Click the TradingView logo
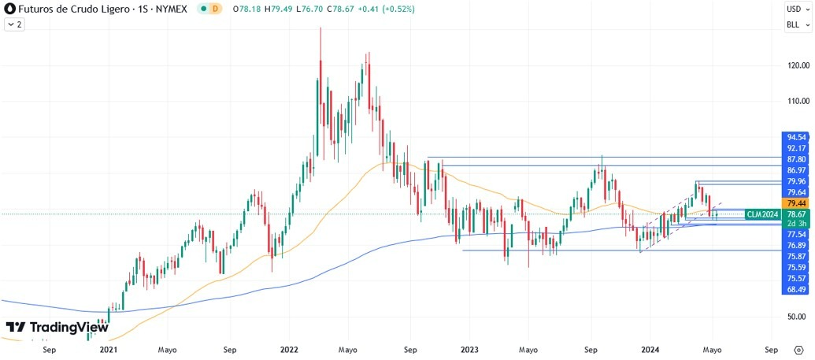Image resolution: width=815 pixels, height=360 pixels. click(57, 327)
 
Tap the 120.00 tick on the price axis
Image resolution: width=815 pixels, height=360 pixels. click(795, 65)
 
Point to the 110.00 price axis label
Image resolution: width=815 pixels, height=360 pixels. click(795, 102)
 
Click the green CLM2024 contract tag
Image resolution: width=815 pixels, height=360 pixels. click(762, 213)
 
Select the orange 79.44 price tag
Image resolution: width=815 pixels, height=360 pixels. click(795, 203)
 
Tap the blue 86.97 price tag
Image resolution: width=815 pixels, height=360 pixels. click(795, 170)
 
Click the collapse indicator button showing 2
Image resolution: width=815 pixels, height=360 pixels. click(14, 24)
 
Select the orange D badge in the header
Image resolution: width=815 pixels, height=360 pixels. click(216, 9)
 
